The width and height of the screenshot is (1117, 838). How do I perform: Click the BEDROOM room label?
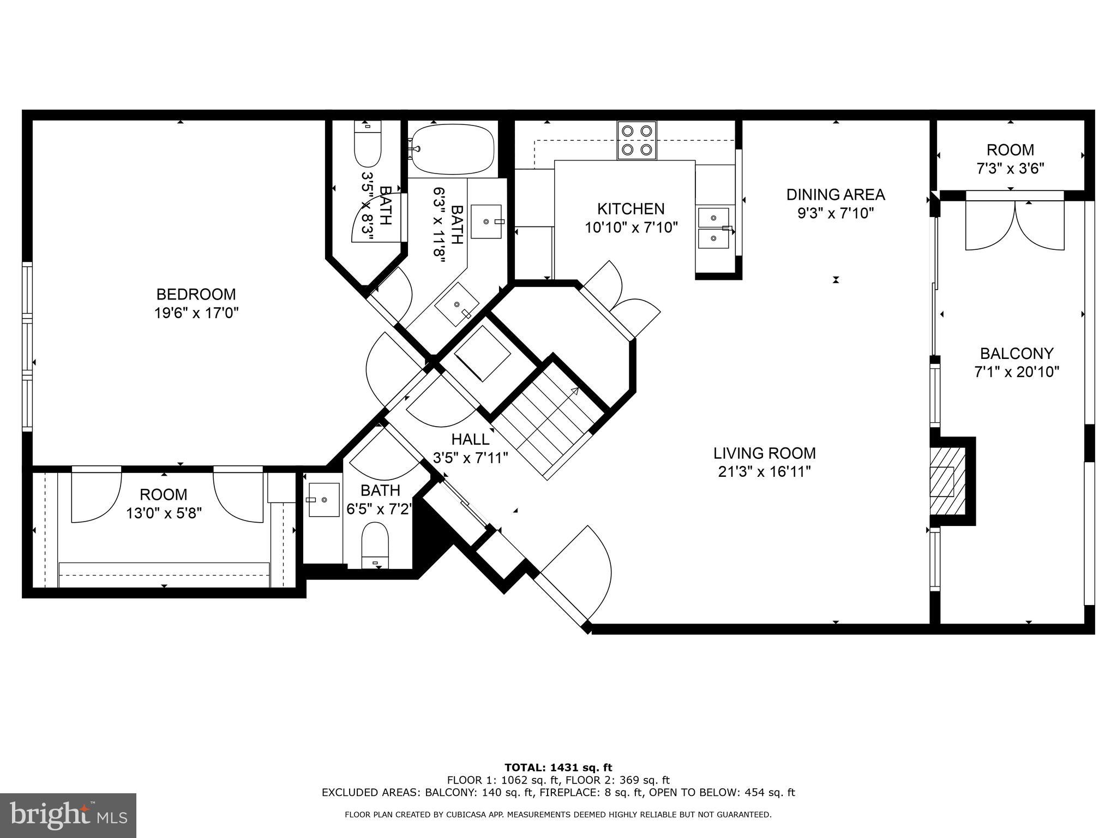pyautogui.click(x=196, y=295)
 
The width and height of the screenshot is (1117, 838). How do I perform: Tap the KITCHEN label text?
pyautogui.click(x=631, y=209)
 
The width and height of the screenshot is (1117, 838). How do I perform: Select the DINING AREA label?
pyautogui.click(x=836, y=195)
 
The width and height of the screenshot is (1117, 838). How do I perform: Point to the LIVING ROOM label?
pyautogui.click(x=765, y=453)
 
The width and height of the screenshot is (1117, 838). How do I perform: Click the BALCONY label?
pyautogui.click(x=1017, y=354)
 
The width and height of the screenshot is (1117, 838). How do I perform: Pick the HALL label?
pyautogui.click(x=470, y=439)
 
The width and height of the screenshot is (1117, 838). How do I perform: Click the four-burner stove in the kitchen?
pyautogui.click(x=637, y=140)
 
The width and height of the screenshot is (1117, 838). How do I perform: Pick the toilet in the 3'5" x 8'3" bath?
pyautogui.click(x=368, y=143)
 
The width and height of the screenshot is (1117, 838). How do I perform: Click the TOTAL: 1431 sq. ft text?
pyautogui.click(x=558, y=768)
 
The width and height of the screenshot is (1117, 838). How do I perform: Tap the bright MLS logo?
pyautogui.click(x=68, y=815)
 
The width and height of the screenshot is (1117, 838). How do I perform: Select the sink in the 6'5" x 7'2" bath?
pyautogui.click(x=324, y=500)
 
